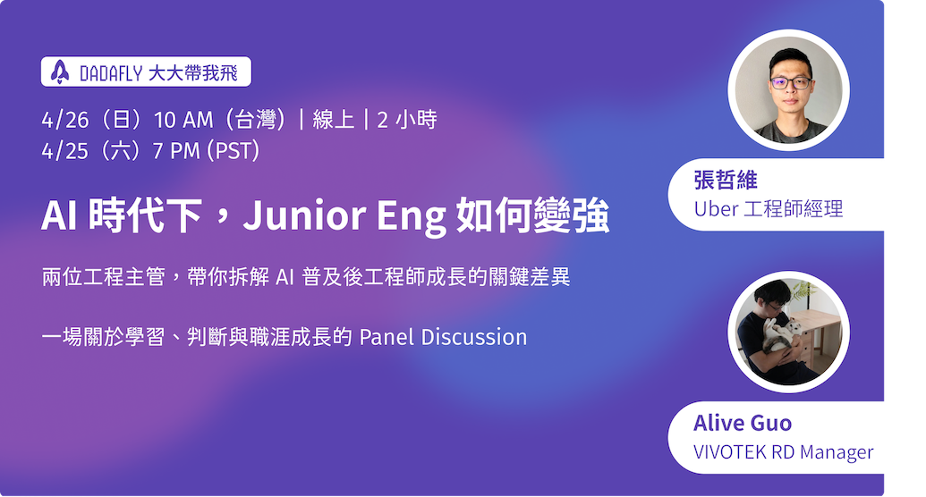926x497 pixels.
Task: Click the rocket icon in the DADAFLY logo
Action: click(x=60, y=72)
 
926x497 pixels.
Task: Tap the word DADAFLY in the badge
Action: click(x=111, y=73)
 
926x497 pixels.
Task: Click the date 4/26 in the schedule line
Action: click(x=65, y=121)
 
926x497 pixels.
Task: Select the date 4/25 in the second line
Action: click(x=65, y=152)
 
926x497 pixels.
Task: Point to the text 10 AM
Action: click(x=183, y=121)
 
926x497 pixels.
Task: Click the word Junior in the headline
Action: click(x=304, y=215)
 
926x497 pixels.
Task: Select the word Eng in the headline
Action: click(x=411, y=217)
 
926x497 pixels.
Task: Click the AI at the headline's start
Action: click(x=58, y=215)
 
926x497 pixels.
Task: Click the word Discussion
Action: click(x=474, y=337)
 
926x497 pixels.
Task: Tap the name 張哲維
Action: click(x=726, y=181)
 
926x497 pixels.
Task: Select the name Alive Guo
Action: click(x=743, y=423)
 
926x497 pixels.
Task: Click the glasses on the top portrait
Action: click(x=791, y=83)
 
